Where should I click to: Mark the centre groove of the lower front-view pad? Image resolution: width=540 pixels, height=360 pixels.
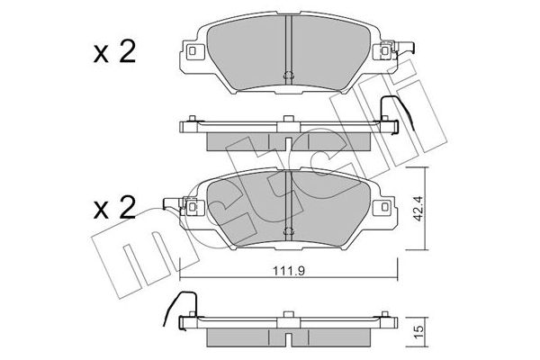286,202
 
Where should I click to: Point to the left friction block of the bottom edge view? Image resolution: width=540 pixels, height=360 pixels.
238,337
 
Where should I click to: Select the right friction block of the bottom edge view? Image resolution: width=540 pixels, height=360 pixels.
334,337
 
